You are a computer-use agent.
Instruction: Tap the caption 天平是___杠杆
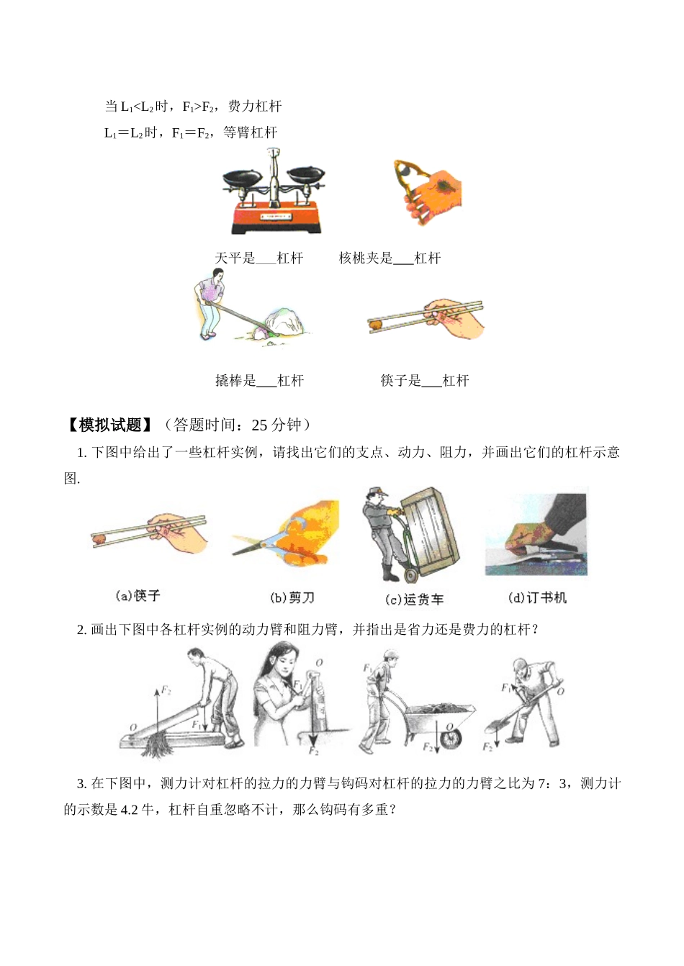[x=259, y=258]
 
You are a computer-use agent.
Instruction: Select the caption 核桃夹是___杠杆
[x=390, y=258]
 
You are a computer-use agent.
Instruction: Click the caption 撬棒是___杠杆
[x=259, y=381]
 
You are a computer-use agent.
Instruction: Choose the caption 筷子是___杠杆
[x=424, y=381]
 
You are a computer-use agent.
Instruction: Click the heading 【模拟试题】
[x=109, y=425]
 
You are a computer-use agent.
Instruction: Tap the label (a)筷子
[x=138, y=596]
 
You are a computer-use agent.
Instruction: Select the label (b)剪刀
[x=292, y=597]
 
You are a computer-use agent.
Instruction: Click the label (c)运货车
[x=414, y=599]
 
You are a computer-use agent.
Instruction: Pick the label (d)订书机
[x=537, y=597]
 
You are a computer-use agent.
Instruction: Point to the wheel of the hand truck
[x=410, y=576]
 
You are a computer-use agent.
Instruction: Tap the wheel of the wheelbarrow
[x=451, y=739]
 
